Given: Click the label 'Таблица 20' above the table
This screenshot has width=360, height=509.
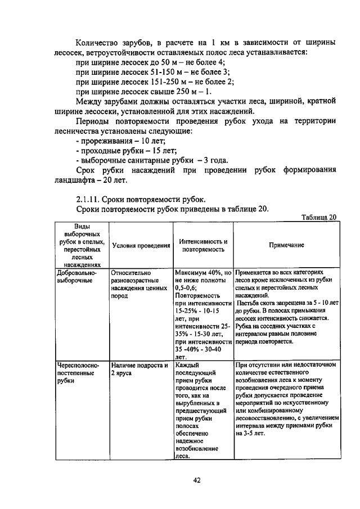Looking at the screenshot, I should tap(318, 217).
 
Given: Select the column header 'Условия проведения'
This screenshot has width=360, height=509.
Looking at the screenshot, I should tap(141, 245).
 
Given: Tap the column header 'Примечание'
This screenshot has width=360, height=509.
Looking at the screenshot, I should tap(286, 245).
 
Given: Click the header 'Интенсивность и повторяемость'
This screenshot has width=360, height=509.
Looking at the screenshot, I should tap(203, 245).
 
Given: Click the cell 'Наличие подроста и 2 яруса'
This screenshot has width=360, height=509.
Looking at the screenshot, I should tap(140, 368).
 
